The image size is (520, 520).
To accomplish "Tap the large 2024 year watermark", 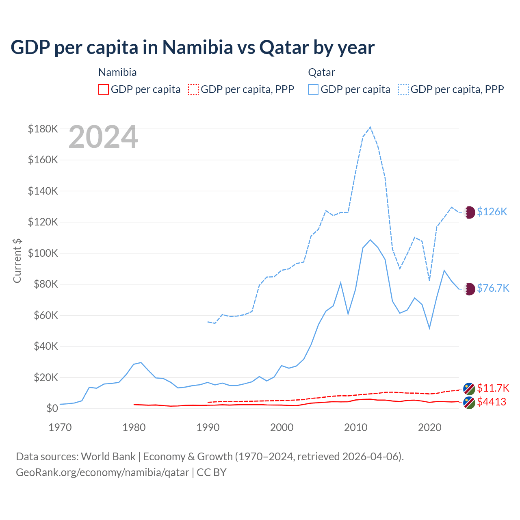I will pos(103,137).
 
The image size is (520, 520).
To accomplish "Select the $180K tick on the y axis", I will pos(43,129).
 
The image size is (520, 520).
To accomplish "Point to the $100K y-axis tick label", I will pos(43,253).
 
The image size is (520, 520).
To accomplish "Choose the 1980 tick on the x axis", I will pos(134,427).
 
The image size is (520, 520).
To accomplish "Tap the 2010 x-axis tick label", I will pos(355,427).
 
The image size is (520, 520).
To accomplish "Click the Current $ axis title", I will pos(17,260).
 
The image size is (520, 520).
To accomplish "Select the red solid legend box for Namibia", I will pos(104,89).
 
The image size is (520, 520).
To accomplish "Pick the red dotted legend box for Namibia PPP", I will pos(193,89).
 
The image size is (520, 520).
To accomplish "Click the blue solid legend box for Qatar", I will pos(313,89).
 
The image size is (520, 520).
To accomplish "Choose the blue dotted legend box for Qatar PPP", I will pos(403,89).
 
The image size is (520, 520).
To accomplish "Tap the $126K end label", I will pos(492,212).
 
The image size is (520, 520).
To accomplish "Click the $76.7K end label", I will pos(493,288).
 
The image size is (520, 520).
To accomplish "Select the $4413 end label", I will pos(492,402).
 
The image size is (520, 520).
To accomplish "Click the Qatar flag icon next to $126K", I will pos(469,212).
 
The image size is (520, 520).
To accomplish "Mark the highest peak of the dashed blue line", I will pos(370,127).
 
